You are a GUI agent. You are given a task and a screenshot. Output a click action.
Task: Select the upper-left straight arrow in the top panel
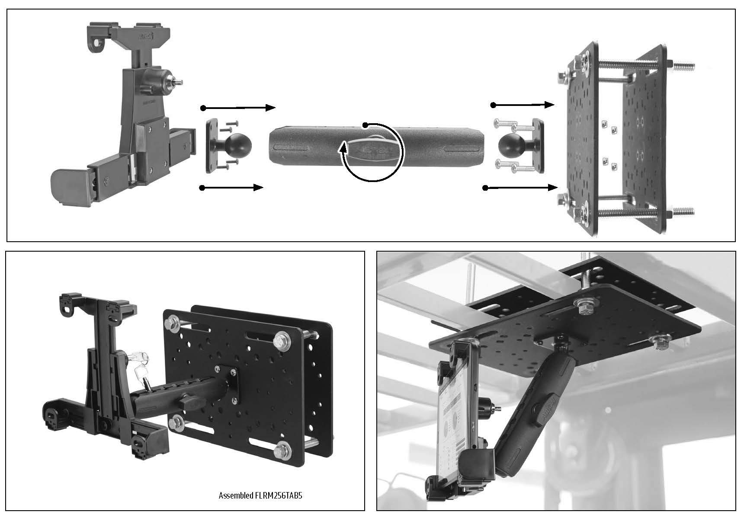click(238, 108)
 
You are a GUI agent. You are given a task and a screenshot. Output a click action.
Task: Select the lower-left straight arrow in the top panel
click(232, 188)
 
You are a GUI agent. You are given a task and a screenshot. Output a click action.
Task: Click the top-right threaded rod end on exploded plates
click(686, 67)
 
